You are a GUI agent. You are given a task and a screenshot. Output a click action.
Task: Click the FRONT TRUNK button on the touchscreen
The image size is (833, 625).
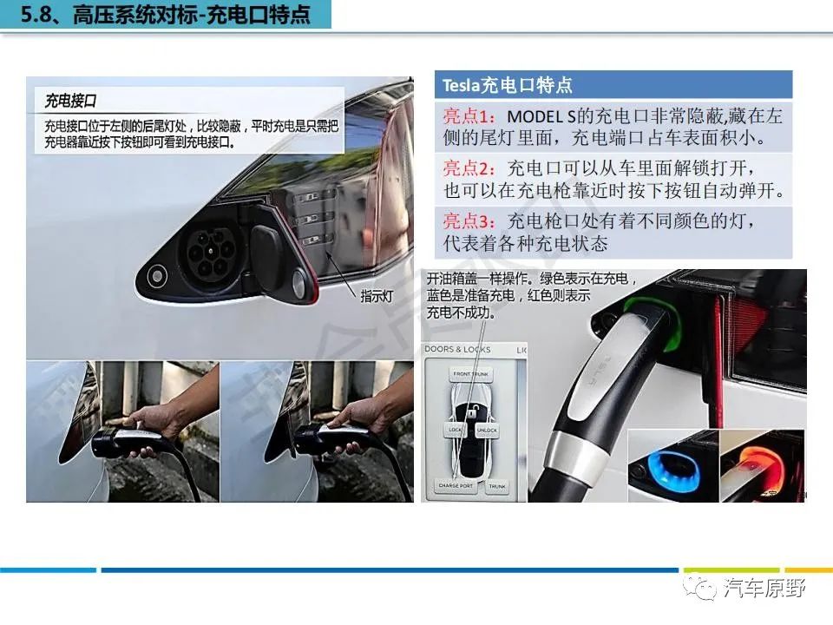(472, 374)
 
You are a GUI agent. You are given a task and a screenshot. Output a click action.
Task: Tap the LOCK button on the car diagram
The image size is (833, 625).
(456, 430)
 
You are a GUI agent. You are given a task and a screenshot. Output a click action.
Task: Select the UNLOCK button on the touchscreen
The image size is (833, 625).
(487, 430)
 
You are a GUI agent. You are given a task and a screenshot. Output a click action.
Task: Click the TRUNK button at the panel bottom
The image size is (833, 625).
(496, 487)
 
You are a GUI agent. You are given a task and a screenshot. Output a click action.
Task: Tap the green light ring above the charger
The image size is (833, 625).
(648, 308)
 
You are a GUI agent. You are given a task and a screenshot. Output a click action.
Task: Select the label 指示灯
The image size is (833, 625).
(377, 296)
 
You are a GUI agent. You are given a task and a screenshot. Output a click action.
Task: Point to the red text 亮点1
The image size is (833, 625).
(470, 116)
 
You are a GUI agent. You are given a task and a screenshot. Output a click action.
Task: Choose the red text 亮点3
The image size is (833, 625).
(470, 221)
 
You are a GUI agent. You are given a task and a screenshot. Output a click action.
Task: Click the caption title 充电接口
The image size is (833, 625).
(70, 102)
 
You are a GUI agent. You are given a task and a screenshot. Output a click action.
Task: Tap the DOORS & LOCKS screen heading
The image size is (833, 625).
(458, 350)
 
